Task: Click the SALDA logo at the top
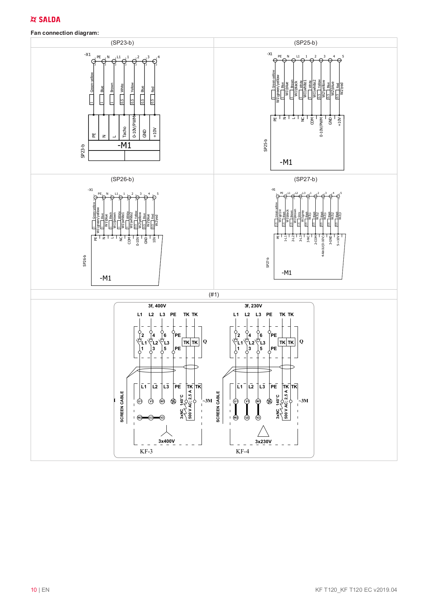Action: tap(45, 20)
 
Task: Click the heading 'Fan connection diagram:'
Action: tap(65, 33)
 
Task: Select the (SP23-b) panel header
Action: tap(122, 43)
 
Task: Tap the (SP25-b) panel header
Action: tap(305, 43)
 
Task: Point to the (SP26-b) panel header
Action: tap(122, 179)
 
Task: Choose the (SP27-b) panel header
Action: tap(305, 179)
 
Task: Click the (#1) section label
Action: tap(214, 295)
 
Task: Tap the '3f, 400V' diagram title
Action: tap(157, 306)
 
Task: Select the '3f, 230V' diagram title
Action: tap(253, 306)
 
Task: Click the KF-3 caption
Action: tap(146, 451)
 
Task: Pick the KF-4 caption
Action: tap(242, 451)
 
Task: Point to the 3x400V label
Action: tap(166, 441)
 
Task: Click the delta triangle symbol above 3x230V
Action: tap(263, 431)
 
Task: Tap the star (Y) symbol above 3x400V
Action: tap(166, 431)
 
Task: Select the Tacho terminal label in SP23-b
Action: tap(124, 132)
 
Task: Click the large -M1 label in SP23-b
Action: tap(124, 146)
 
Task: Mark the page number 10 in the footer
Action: tap(34, 590)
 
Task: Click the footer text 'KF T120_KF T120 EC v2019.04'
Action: tap(356, 590)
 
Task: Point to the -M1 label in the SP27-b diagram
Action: tap(287, 273)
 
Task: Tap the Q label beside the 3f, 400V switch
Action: tap(205, 341)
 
